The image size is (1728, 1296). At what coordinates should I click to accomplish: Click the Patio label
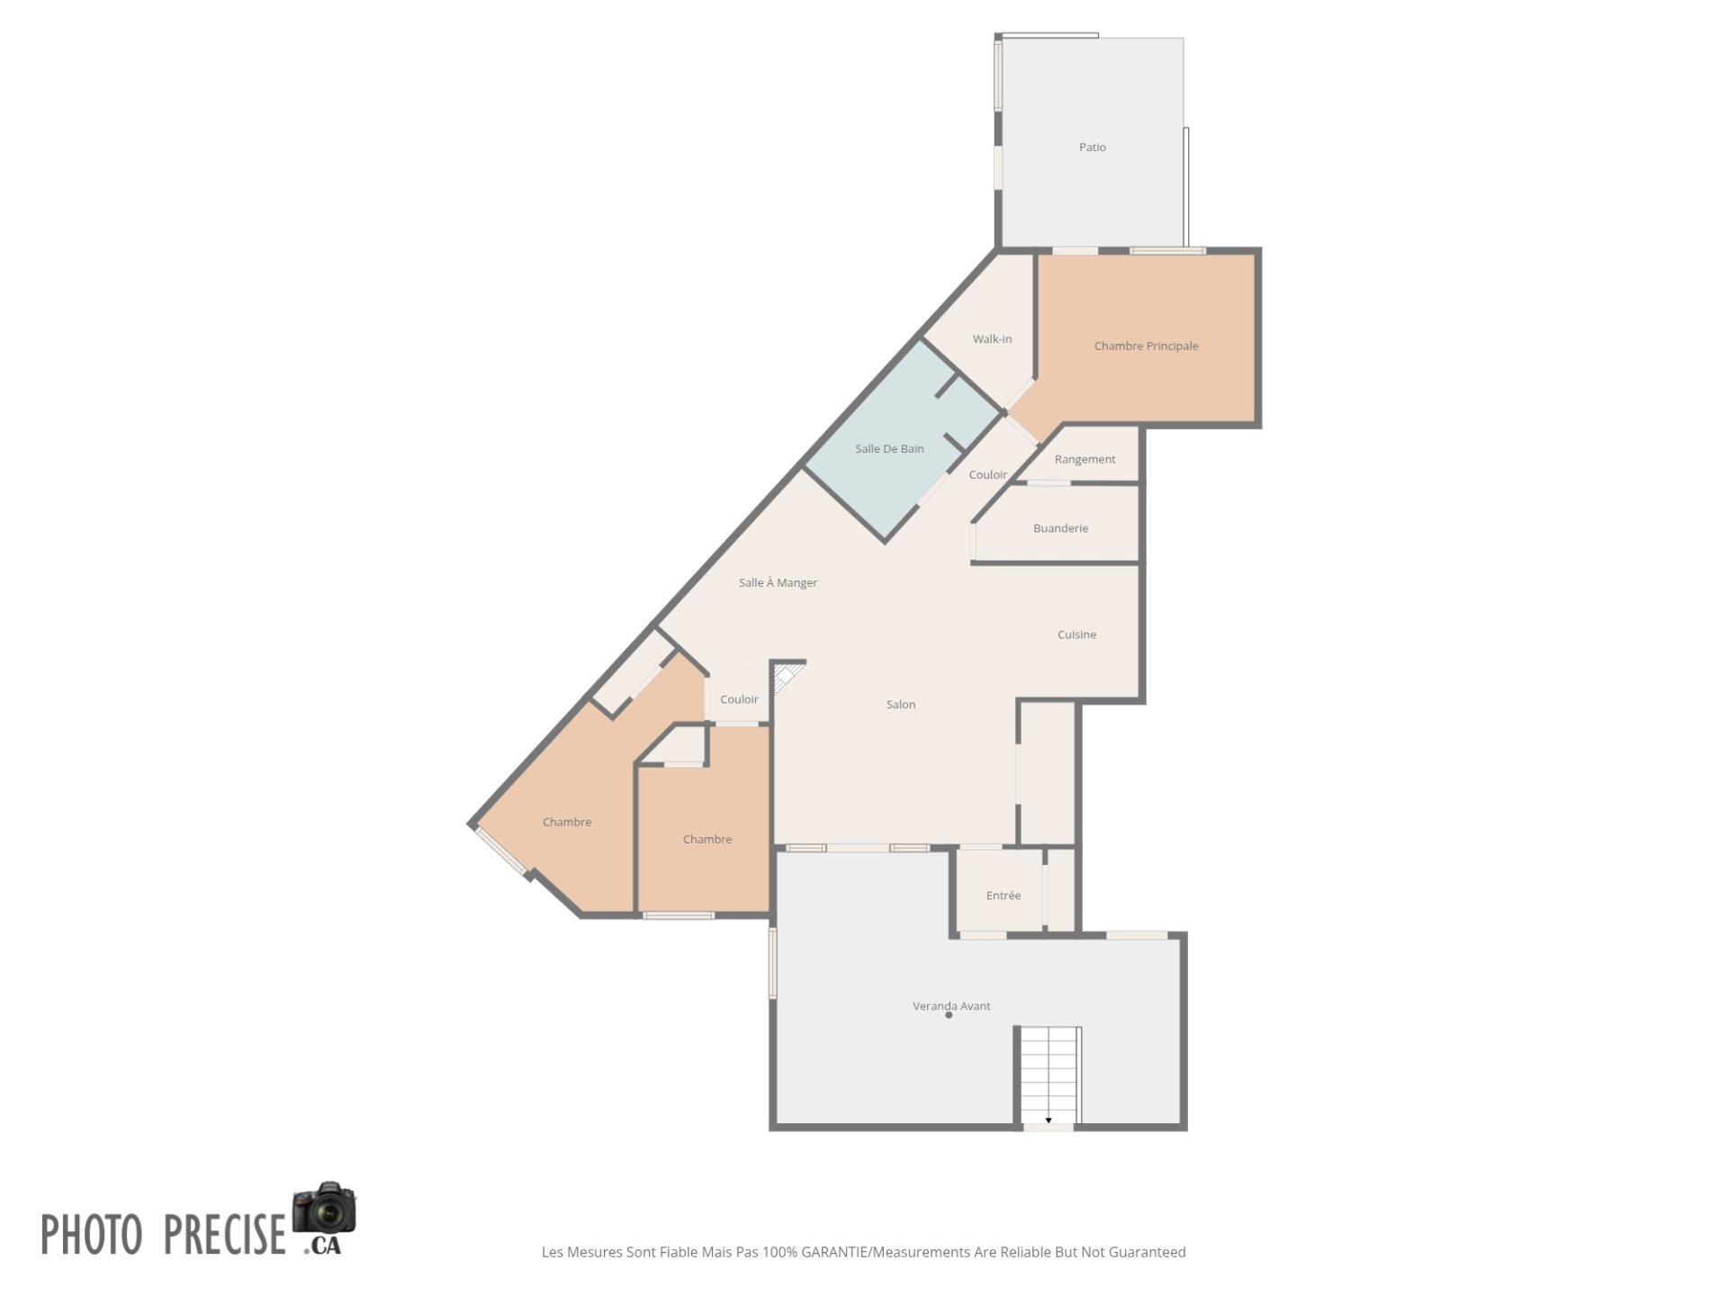(1093, 147)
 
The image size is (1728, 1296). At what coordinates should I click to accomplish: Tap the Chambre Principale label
(1146, 346)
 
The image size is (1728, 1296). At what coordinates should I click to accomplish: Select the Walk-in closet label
(992, 338)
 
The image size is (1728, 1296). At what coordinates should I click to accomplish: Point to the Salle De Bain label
(889, 448)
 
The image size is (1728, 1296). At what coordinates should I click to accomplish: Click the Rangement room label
(1084, 459)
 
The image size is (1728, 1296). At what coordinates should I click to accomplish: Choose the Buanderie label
(1060, 528)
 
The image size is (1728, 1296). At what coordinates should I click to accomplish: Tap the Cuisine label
(1076, 634)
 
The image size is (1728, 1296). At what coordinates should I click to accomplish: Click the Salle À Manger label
(778, 582)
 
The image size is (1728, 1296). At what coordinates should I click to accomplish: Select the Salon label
(900, 704)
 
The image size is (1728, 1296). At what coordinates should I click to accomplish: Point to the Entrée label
(1003, 895)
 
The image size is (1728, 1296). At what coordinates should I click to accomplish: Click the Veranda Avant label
(951, 1005)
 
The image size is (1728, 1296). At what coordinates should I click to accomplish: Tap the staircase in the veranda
(1049, 1075)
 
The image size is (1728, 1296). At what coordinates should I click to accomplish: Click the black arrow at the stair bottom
(1048, 1120)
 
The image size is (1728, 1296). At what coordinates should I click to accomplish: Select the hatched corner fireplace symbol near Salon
(787, 676)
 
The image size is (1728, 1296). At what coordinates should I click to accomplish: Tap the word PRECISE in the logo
(224, 1234)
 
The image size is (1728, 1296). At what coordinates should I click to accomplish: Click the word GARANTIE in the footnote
(834, 1252)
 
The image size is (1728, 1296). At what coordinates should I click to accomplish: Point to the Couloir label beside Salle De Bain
(987, 474)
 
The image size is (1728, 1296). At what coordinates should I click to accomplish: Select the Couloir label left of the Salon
(739, 698)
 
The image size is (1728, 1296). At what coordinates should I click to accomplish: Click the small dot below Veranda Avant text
(949, 1015)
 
